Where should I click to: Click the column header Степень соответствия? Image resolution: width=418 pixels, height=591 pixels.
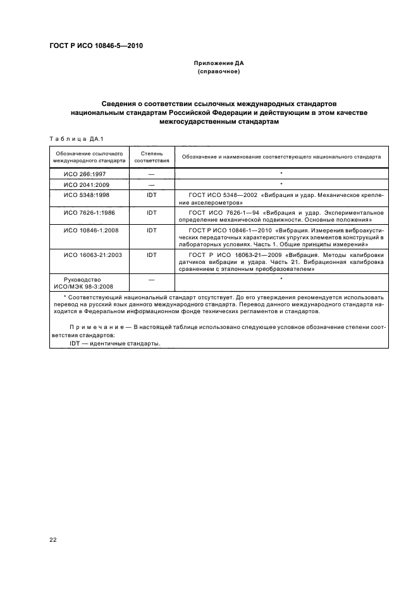(x=152, y=157)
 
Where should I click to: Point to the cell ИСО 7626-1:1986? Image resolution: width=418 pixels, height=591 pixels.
(x=87, y=213)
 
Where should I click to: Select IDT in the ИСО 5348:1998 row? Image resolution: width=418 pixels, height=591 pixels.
(x=152, y=195)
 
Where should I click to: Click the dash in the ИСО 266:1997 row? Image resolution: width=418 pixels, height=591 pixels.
(x=152, y=174)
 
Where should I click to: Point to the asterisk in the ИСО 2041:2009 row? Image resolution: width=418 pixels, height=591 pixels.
(x=281, y=184)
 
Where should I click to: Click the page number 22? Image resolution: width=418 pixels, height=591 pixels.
(x=52, y=539)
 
